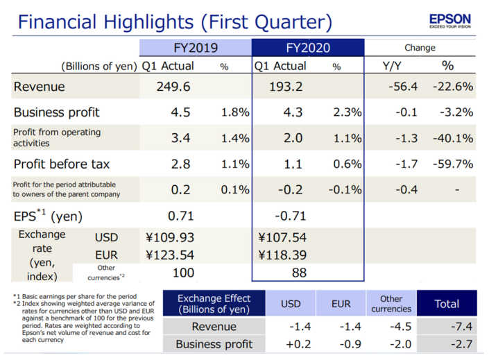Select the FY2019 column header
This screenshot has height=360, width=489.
pos(195,48)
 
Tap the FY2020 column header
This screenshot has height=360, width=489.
pos(307,48)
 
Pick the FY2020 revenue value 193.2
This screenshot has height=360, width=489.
pos(287,87)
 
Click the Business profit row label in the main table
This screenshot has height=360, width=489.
pos(56,112)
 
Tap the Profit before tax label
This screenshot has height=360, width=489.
pos(61,164)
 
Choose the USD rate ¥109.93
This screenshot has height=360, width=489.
pos(169,238)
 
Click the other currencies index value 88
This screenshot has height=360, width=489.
pos(299,273)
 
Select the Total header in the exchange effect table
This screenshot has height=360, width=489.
pos(446,303)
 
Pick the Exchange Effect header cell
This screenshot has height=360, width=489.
pos(214,303)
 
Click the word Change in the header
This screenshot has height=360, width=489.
pos(420,48)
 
